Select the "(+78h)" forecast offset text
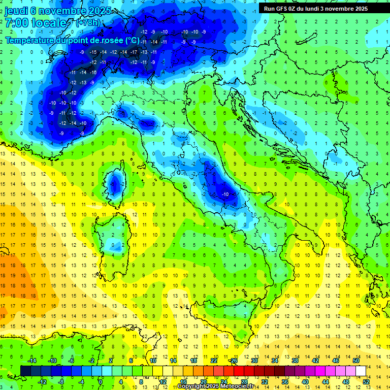pyautogui.click(x=88, y=23)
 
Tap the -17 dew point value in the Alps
pyautogui.click(x=134, y=52)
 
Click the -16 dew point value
pyautogui.click(x=93, y=73)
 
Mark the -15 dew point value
pyautogui.click(x=93, y=52)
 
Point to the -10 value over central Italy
pyautogui.click(x=226, y=194)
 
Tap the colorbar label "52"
pyautogui.click(x=366, y=382)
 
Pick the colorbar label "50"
pyautogui.click(x=355, y=361)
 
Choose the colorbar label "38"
pyautogui.click(x=295, y=361)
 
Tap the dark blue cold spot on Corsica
pyautogui.click(x=115, y=184)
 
